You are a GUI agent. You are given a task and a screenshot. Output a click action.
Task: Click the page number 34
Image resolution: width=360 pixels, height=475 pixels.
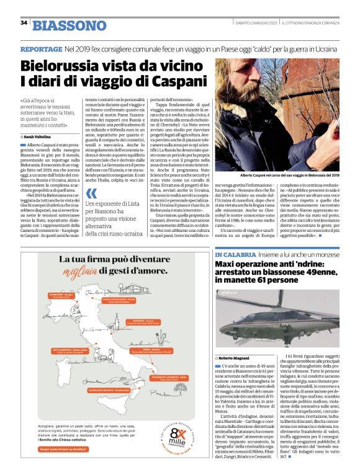tap(24, 23)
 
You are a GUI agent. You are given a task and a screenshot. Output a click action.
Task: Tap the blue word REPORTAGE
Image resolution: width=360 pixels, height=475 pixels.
tap(41, 49)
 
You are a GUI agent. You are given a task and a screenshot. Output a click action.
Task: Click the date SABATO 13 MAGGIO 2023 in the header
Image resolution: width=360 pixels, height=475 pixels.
tap(254, 23)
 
